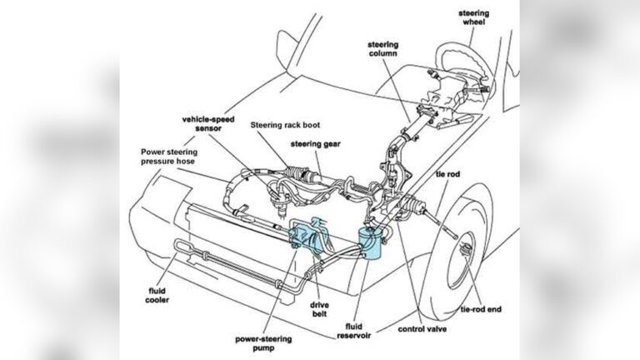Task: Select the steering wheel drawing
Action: (x=467, y=66)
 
